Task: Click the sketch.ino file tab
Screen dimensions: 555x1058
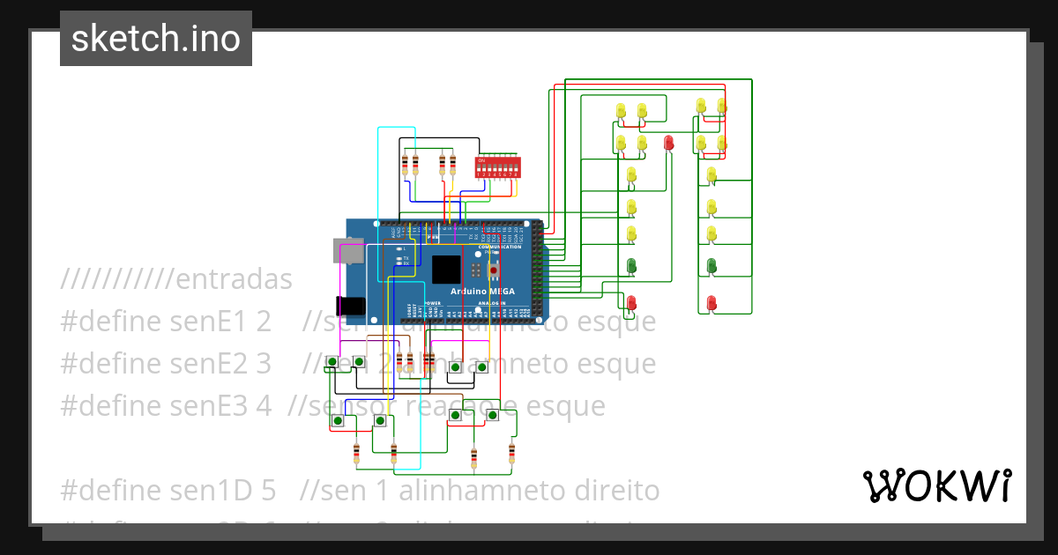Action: tap(156, 39)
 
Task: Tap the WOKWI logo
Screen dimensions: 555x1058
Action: tap(936, 485)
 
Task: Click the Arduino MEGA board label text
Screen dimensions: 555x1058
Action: tap(483, 292)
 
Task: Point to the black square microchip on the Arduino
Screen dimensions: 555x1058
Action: tap(446, 269)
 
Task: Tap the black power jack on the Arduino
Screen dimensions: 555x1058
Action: tap(352, 305)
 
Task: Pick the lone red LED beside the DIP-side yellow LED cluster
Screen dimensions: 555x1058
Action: tap(668, 143)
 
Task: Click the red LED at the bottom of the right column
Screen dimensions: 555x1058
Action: tap(712, 302)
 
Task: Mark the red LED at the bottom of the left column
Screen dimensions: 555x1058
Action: tap(631, 302)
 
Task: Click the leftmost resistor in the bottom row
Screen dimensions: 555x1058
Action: tap(356, 454)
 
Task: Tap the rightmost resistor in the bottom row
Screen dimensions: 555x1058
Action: tap(511, 454)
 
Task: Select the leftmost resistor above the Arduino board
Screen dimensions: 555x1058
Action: tap(406, 164)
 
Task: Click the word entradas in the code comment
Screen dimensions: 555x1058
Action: tap(234, 280)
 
